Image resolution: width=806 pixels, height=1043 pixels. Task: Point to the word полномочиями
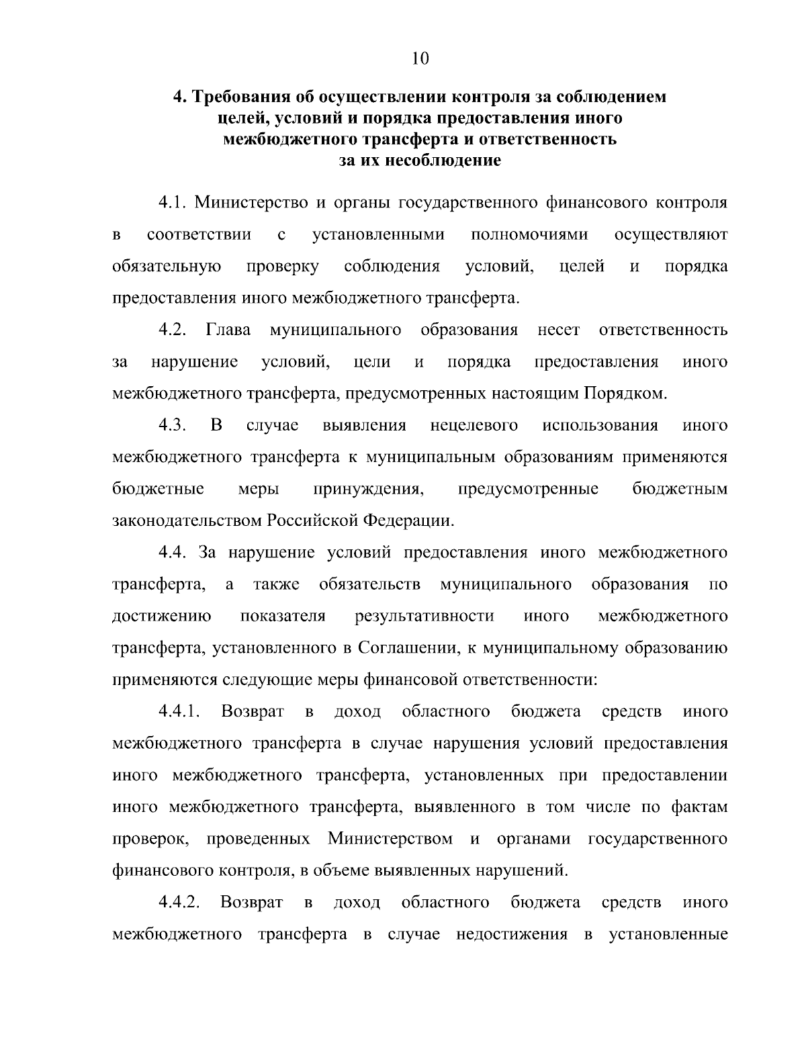[529, 234]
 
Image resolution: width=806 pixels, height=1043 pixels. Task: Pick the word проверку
[282, 267]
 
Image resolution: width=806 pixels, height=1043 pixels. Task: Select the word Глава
[229, 330]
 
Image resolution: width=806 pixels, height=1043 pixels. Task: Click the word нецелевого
[474, 426]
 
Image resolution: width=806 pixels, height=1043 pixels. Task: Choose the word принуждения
[368, 490]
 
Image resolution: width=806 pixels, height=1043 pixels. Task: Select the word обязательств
[370, 584]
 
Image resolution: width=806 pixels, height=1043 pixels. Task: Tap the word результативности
[424, 617]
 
